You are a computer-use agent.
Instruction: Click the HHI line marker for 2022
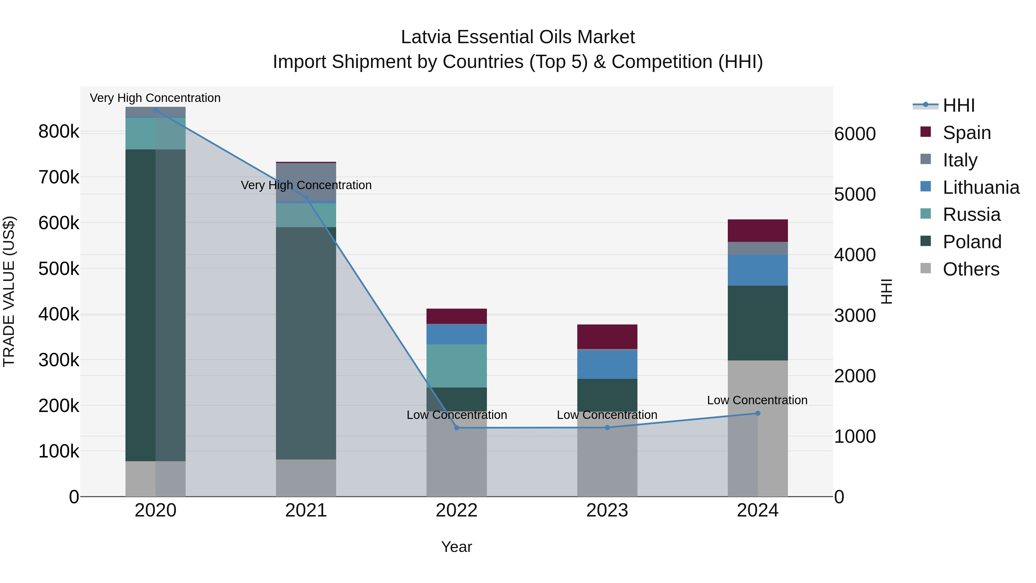pyautogui.click(x=456, y=428)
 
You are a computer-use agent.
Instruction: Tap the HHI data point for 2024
pyautogui.click(x=758, y=413)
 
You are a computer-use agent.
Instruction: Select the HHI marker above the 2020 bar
pyautogui.click(x=156, y=110)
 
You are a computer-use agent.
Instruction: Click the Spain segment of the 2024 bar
pyautogui.click(x=758, y=231)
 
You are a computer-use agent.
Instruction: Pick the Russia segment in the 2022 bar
pyautogui.click(x=456, y=366)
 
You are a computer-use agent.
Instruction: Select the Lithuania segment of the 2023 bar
pyautogui.click(x=607, y=364)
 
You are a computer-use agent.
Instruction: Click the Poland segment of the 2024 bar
pyautogui.click(x=758, y=323)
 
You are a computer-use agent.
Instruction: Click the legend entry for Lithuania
pyautogui.click(x=980, y=187)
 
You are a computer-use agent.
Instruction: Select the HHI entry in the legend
pyautogui.click(x=958, y=105)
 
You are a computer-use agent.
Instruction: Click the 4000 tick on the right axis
pyautogui.click(x=855, y=255)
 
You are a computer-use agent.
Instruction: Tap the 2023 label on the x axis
pyautogui.click(x=607, y=510)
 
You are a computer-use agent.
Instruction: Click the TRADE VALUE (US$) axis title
pyautogui.click(x=9, y=291)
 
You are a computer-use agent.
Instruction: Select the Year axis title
pyautogui.click(x=456, y=547)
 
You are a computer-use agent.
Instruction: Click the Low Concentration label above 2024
pyautogui.click(x=757, y=400)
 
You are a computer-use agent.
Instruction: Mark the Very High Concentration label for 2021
pyautogui.click(x=306, y=185)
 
